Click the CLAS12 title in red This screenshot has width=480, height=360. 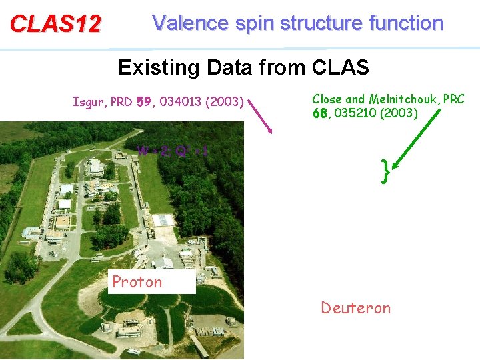pyautogui.click(x=55, y=24)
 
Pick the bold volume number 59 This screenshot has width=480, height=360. pyautogui.click(x=143, y=103)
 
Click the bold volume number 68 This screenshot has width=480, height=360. pyautogui.click(x=321, y=113)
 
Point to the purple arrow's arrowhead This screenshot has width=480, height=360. pyautogui.click(x=270, y=130)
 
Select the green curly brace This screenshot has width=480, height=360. pyautogui.click(x=385, y=171)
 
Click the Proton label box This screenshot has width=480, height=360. pyautogui.click(x=151, y=282)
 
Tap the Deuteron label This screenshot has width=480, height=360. pyautogui.click(x=355, y=307)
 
